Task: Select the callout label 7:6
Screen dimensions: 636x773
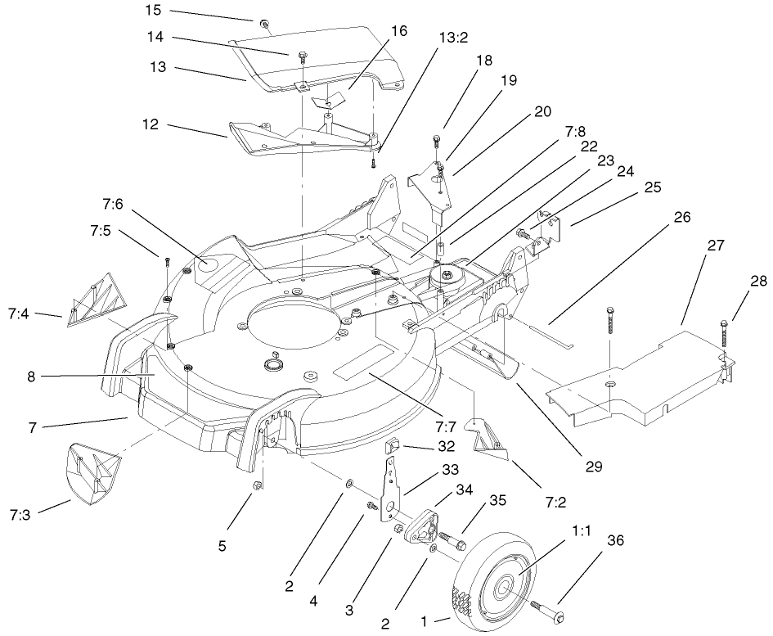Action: tap(115, 201)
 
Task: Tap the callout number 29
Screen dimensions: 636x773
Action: tap(593, 467)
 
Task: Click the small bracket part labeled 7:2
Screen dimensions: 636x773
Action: tap(488, 435)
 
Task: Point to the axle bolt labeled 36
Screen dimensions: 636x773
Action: tap(546, 610)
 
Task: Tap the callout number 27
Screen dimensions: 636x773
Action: tap(716, 245)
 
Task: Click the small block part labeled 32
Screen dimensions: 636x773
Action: tap(393, 447)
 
